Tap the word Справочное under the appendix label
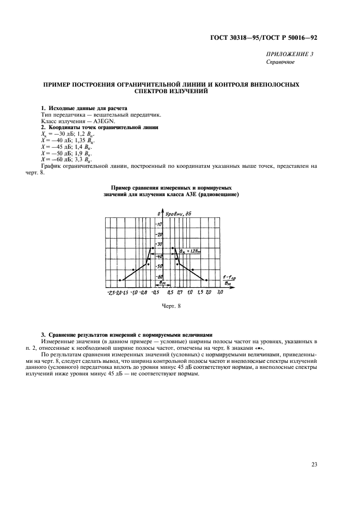[x=280, y=62]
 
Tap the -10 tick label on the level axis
[x=160, y=224]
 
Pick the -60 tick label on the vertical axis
[x=160, y=277]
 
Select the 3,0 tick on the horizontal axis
[x=220, y=293]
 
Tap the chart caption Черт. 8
[x=171, y=307]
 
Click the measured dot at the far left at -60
[x=119, y=280]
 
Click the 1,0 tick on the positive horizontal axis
[x=190, y=293]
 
